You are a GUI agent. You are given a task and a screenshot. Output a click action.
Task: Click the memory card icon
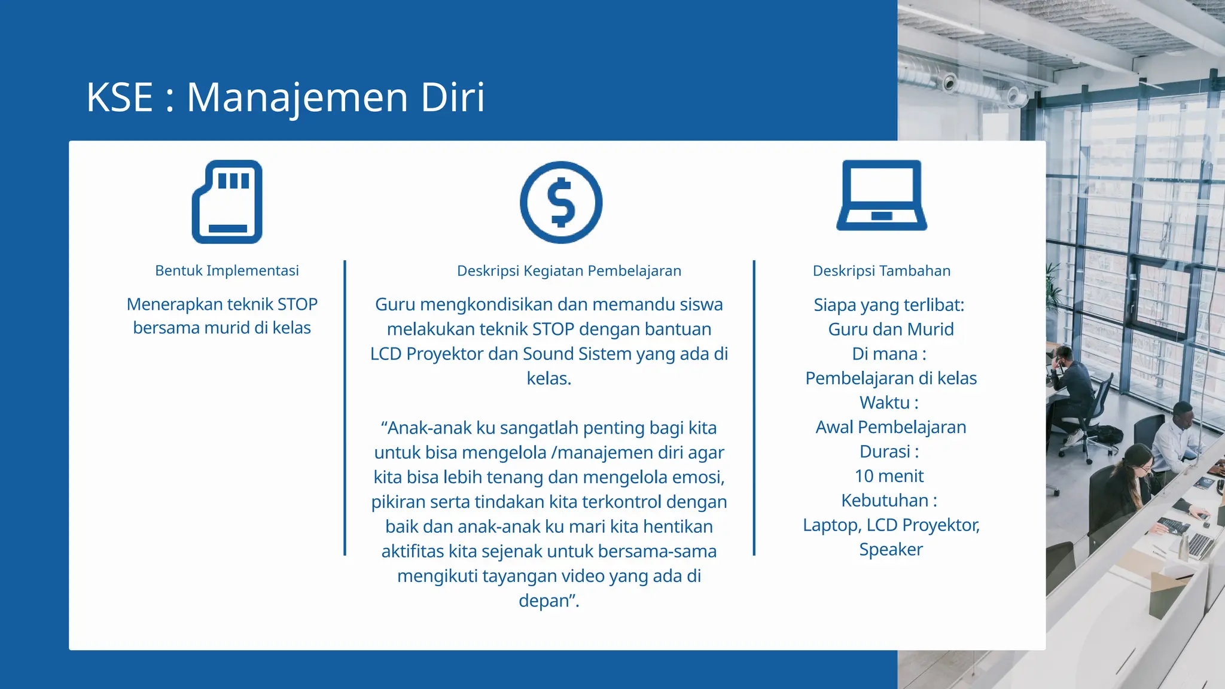[x=227, y=202]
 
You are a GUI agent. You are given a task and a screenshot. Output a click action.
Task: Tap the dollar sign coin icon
[x=561, y=202]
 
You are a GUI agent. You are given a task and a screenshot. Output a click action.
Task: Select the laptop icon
[x=882, y=196]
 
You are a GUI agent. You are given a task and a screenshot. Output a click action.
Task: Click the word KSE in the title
[x=120, y=97]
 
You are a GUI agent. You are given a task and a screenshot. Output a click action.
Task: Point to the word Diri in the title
[x=453, y=97]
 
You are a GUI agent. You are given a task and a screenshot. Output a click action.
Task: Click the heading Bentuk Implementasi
[x=227, y=270]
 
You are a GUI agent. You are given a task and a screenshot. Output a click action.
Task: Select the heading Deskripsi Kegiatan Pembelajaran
[x=569, y=271]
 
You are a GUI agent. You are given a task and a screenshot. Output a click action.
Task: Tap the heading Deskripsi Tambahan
[x=882, y=271]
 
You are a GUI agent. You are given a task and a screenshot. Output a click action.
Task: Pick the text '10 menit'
[x=889, y=476]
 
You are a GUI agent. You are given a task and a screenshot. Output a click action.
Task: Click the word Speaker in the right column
[x=891, y=550]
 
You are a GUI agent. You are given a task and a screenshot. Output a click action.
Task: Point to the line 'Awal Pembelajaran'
[x=891, y=427]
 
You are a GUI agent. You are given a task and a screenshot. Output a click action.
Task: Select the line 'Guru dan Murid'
[x=891, y=329]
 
